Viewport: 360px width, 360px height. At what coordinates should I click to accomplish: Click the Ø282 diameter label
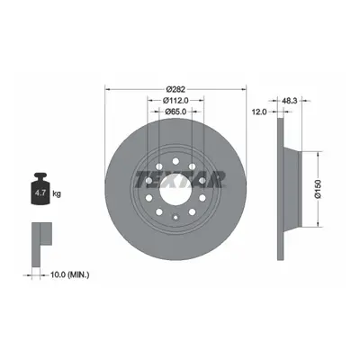coord(175,89)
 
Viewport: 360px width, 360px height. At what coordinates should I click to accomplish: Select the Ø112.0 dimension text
coord(175,100)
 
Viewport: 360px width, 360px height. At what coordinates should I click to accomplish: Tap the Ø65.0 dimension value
coord(175,112)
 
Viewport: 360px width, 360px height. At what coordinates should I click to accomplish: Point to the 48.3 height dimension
coord(290,101)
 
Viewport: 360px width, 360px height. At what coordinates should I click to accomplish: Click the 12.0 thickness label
coord(259,112)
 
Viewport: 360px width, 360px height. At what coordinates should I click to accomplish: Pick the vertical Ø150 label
coord(318,189)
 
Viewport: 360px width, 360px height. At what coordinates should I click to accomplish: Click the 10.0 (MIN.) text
coord(70,274)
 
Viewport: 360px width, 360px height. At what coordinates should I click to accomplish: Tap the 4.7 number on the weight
coord(40,193)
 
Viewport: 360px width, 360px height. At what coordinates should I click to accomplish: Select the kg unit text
coord(57,193)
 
